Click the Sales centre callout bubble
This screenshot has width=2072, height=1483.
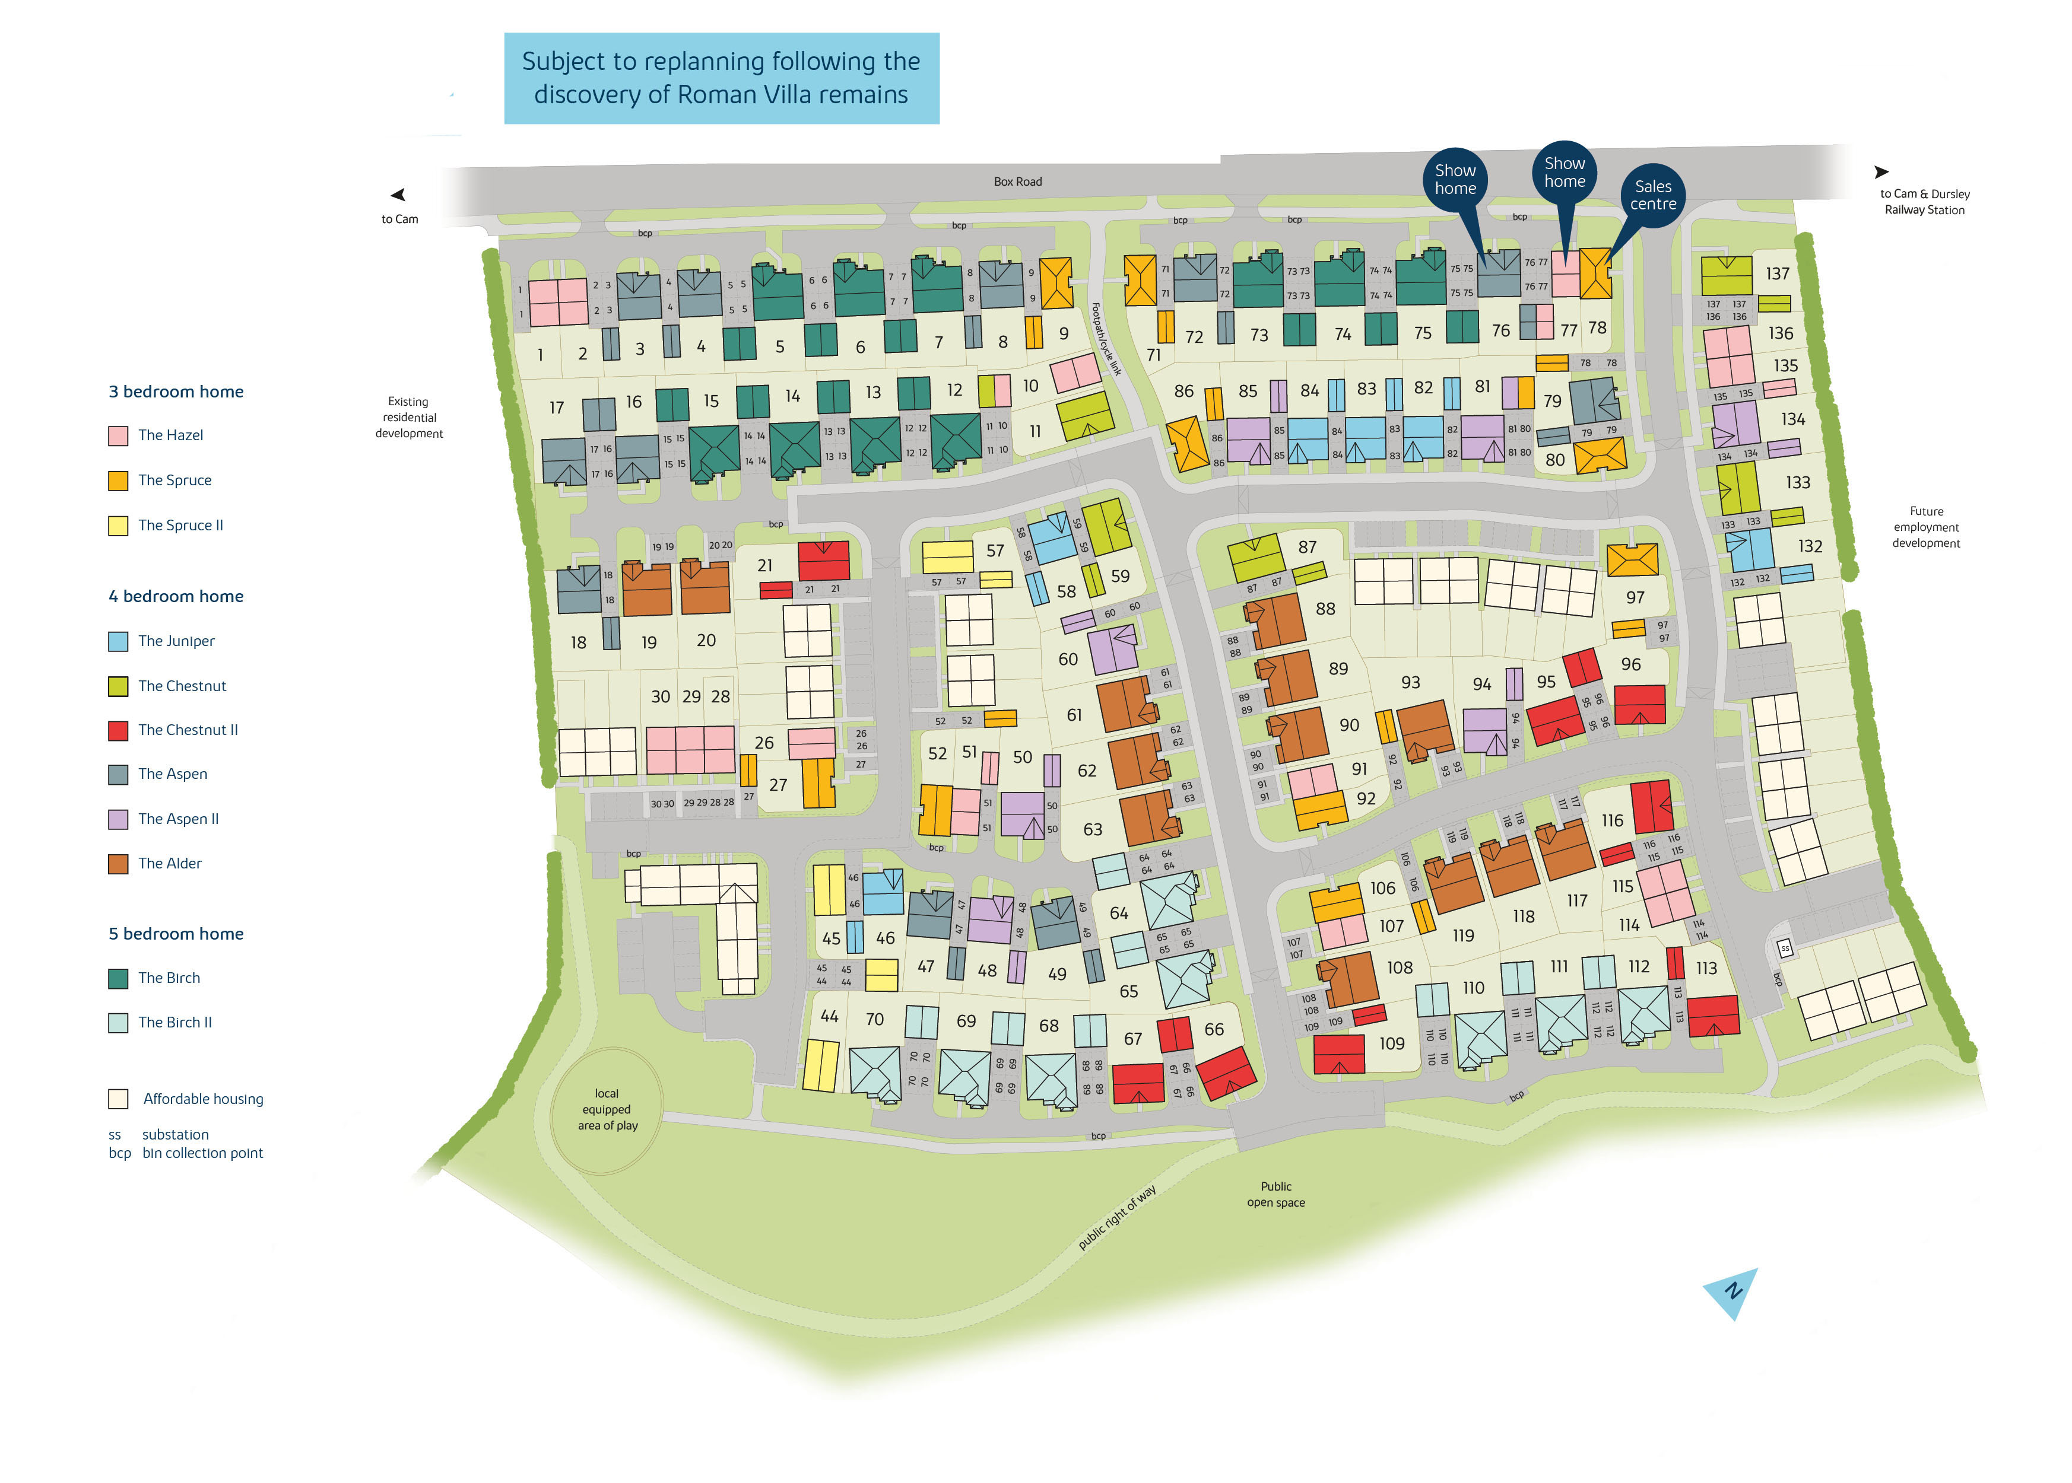(x=1652, y=195)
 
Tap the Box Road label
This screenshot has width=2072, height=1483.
(x=1017, y=182)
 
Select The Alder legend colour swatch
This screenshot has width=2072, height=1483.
(x=118, y=864)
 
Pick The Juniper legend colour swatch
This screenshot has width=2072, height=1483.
(x=118, y=641)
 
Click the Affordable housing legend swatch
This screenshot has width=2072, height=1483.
(x=118, y=1099)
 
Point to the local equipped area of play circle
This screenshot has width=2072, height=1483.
(x=607, y=1109)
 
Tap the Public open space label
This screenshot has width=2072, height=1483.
(x=1275, y=1195)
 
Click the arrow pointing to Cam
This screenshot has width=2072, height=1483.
(x=398, y=195)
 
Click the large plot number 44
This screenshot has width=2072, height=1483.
(x=829, y=1016)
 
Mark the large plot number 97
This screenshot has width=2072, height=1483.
(x=1635, y=597)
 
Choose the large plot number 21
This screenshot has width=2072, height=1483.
(x=764, y=565)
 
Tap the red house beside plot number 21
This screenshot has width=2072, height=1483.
(x=823, y=560)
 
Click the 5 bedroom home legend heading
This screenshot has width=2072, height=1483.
(x=176, y=933)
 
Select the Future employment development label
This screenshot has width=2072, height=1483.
(x=1925, y=527)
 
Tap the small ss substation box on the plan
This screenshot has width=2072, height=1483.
(x=1784, y=948)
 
